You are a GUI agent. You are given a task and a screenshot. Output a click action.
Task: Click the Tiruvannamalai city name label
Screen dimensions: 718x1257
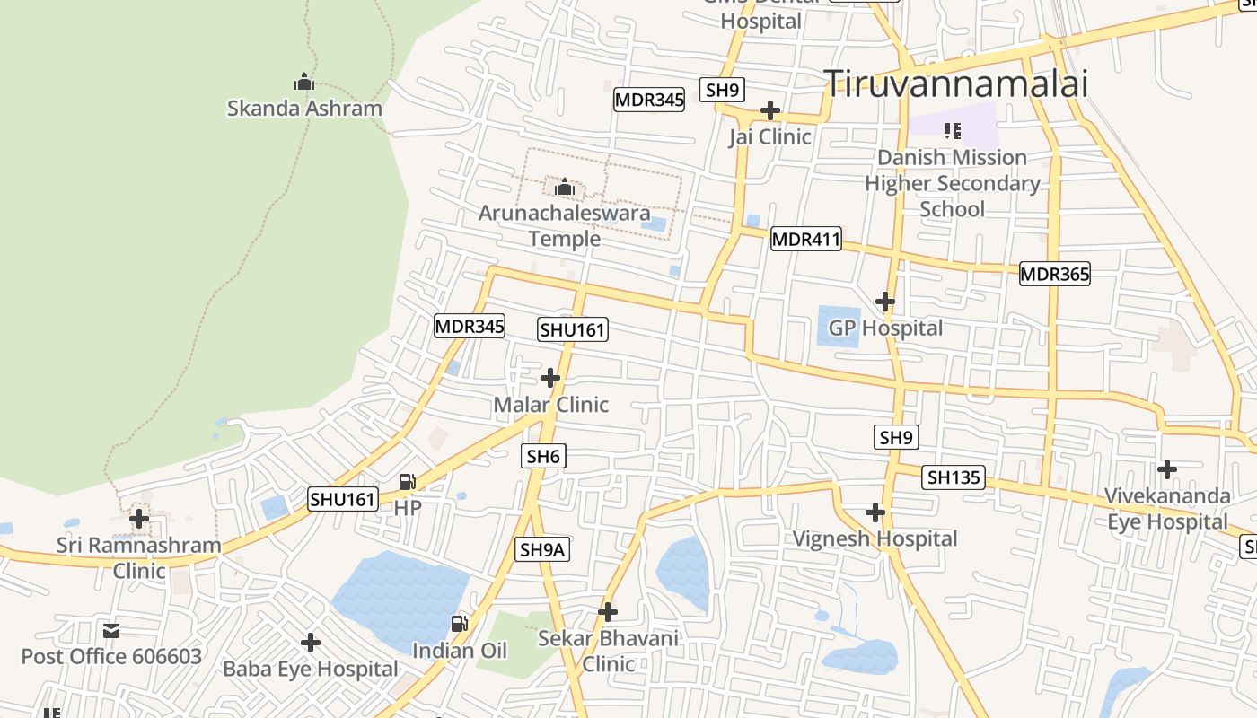[956, 83]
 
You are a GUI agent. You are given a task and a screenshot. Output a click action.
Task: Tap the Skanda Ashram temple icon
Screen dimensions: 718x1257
[304, 83]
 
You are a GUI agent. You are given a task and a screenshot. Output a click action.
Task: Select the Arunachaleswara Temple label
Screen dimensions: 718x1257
[564, 226]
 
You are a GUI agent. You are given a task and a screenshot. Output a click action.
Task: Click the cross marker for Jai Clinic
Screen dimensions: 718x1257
[769, 110]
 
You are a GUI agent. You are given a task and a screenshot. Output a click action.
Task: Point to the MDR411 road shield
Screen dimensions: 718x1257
[805, 239]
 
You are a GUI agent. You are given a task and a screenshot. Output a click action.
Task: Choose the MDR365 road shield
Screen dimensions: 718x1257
[1054, 274]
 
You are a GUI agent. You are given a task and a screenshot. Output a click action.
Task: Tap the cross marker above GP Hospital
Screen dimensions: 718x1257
[885, 301]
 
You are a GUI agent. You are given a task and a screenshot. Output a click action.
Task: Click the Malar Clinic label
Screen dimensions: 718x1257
[550, 405]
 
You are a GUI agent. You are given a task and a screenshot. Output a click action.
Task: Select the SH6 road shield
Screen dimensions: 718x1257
[543, 456]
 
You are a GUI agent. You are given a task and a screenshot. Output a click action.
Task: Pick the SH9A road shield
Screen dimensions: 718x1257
[542, 549]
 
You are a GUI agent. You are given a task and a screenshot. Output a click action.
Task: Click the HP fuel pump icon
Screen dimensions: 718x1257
[407, 483]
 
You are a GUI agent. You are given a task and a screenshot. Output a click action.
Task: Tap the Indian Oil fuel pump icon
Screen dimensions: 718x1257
[459, 624]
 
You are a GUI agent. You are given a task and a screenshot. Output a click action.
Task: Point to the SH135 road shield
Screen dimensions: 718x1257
[954, 477]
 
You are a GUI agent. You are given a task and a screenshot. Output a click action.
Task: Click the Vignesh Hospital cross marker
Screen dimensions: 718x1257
[875, 512]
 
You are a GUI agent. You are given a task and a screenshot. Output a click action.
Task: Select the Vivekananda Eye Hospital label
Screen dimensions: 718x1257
[1166, 509]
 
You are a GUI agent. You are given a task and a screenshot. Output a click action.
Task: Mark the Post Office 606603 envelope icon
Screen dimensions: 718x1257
[111, 630]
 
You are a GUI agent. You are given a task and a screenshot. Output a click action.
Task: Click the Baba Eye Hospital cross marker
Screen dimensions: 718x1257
[311, 643]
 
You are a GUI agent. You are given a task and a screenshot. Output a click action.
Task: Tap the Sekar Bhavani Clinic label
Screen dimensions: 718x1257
[608, 652]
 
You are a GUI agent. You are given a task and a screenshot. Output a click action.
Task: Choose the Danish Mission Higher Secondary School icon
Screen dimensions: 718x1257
[953, 131]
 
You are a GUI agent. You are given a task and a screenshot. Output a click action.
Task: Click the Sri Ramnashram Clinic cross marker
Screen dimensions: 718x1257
[139, 518]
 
